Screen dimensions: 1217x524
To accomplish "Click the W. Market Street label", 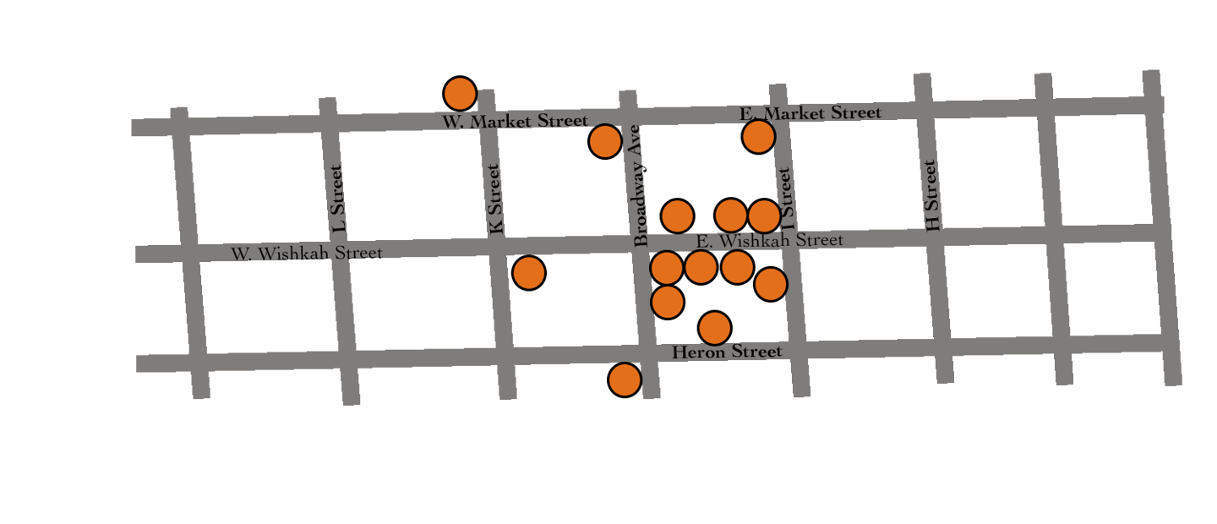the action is tap(515, 122).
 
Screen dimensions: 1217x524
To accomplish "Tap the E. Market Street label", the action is tap(810, 113).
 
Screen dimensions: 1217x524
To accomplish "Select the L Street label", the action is tap(338, 199).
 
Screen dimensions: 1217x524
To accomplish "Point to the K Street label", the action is tap(495, 199).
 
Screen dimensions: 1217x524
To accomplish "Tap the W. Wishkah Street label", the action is tap(307, 253).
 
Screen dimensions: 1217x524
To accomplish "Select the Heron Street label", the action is tap(727, 352).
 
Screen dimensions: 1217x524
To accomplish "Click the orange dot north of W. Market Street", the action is tap(460, 93).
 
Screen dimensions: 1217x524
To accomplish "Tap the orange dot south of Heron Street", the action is tap(625, 380).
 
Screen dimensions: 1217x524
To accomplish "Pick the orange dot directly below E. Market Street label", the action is tap(758, 137).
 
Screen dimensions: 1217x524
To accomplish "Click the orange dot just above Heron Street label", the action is tap(715, 328).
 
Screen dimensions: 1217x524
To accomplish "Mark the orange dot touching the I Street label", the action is tap(763, 216).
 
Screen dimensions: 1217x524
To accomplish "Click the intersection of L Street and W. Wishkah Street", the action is tap(336, 251).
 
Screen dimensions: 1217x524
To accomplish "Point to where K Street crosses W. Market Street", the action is tap(487, 120).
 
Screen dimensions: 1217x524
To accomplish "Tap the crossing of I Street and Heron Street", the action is tap(797, 349).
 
